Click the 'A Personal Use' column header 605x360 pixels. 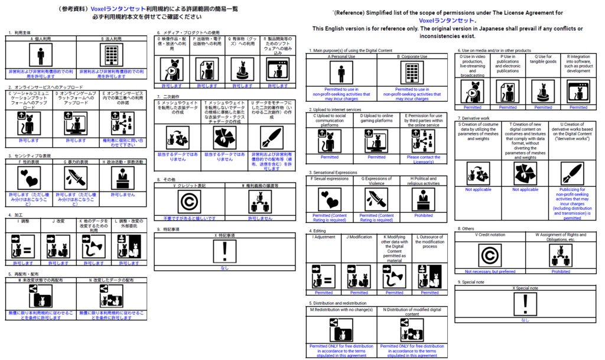[341, 57]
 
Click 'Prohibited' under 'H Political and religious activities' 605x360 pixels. [423, 216]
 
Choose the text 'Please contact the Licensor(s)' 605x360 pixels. [423, 160]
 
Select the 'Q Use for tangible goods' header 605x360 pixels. [543, 59]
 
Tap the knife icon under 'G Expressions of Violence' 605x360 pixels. [376, 199]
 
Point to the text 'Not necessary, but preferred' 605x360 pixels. [490, 271]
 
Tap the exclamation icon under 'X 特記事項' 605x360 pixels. [225, 251]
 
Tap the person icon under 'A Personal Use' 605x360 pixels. [341, 74]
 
